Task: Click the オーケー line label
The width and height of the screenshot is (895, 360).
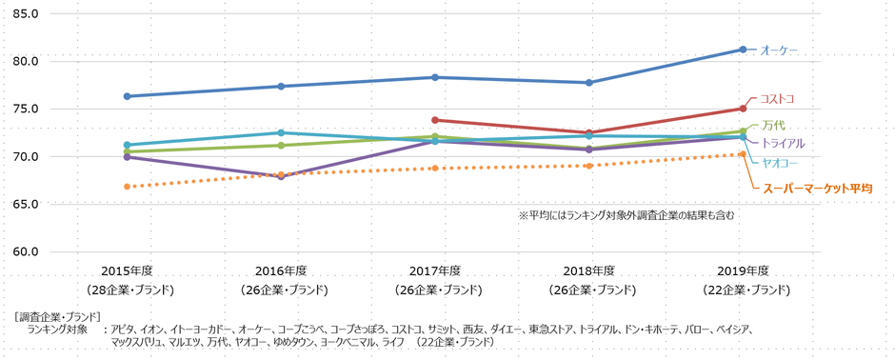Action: click(778, 50)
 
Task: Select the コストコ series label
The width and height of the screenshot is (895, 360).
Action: click(776, 99)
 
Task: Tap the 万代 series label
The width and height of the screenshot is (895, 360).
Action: click(774, 126)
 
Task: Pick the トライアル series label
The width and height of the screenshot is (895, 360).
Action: click(783, 143)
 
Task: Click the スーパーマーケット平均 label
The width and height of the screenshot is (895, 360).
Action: click(818, 190)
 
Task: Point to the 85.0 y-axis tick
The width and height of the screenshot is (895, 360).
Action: click(23, 14)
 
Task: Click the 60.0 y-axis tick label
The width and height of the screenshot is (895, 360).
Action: click(23, 252)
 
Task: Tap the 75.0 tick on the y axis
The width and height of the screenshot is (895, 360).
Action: click(23, 110)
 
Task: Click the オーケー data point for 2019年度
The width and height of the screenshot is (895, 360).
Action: click(743, 50)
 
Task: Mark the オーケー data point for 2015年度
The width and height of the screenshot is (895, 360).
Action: click(127, 96)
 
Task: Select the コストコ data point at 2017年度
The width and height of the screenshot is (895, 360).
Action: click(435, 120)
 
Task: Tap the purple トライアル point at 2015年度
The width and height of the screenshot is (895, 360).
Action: click(127, 157)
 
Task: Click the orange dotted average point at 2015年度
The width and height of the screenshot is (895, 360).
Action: click(127, 187)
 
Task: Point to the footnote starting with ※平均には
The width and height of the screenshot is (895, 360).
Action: click(626, 215)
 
